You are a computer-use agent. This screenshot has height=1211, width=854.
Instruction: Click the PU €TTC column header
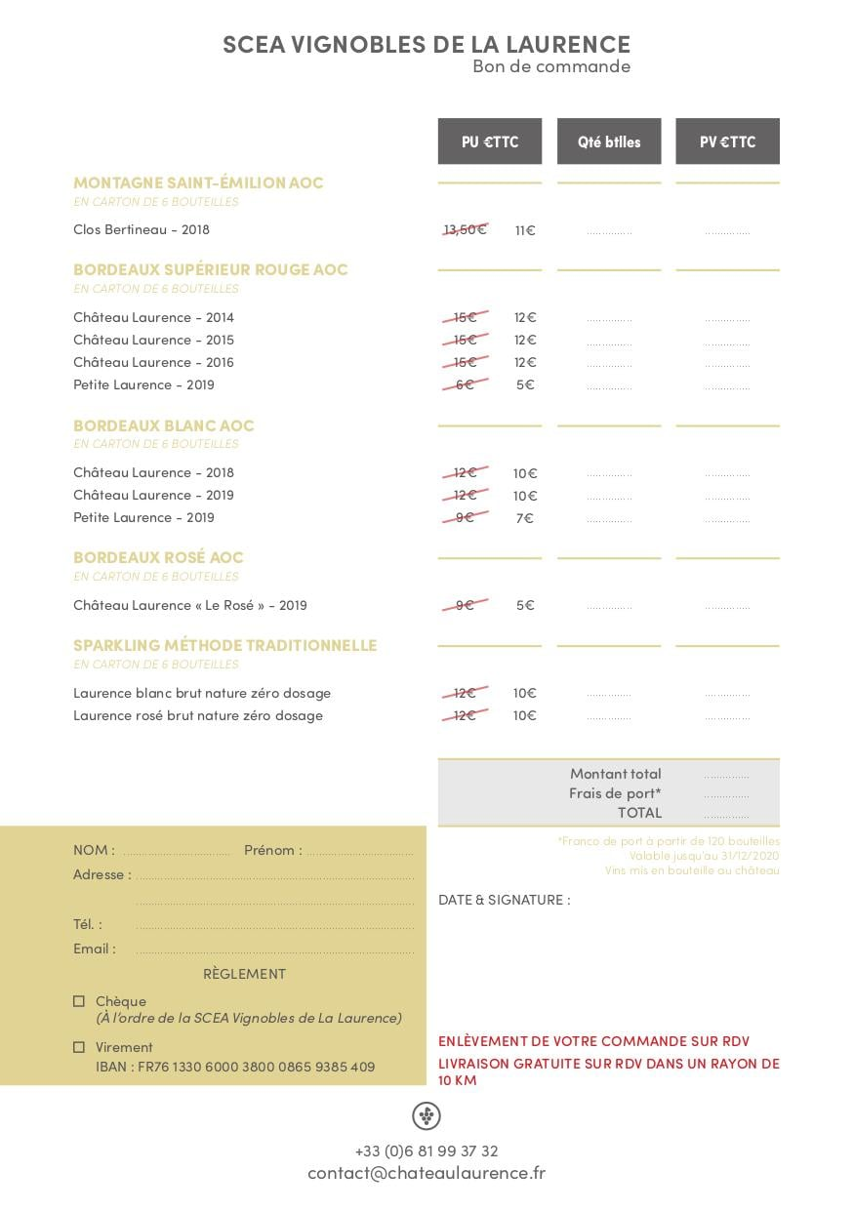489,141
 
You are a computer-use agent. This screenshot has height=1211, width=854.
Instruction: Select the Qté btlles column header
609,141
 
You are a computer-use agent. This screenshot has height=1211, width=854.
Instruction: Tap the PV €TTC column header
727,141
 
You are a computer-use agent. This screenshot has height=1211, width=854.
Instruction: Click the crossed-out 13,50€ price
465,229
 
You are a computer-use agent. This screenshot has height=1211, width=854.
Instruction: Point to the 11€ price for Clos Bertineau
525,230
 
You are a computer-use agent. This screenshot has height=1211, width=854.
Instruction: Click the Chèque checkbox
79,1001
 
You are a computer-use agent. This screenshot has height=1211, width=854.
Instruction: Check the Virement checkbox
79,1047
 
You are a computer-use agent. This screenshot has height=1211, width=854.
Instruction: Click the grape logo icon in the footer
427,1115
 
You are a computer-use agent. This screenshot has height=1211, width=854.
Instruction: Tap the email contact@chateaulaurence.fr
427,1173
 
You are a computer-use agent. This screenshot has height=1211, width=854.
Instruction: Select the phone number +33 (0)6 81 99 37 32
427,1150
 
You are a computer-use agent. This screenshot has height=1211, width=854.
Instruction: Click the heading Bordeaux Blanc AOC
163,425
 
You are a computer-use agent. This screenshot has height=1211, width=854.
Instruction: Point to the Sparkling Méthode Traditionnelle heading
224,645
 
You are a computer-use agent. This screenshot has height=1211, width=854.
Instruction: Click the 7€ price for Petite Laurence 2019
525,518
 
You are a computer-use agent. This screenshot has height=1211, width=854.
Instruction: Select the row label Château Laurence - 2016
153,362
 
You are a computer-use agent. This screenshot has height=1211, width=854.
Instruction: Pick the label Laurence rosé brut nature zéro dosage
197,715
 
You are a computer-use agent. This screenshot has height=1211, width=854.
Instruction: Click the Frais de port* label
615,793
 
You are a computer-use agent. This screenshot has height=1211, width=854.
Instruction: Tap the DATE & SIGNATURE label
504,900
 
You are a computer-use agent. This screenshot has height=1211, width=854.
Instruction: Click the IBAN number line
235,1067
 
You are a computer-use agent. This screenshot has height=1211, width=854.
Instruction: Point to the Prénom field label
272,850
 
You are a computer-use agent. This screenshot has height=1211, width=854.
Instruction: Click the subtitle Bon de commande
551,66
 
